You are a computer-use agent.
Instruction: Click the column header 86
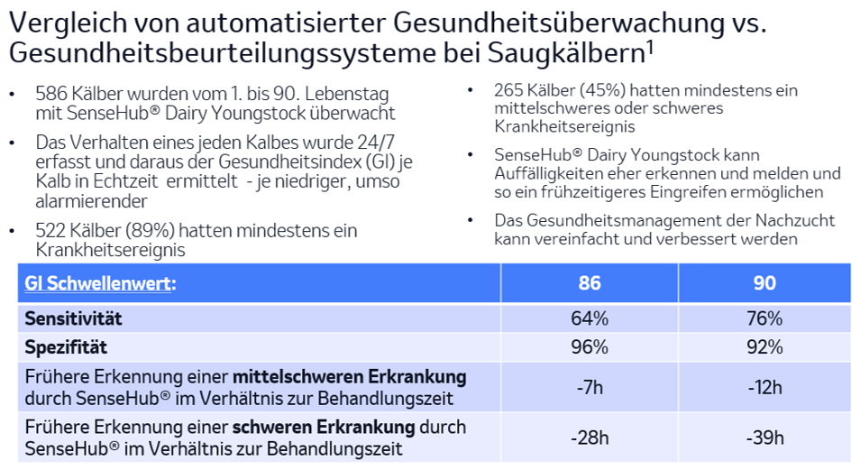590,283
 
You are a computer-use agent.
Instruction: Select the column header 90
764,283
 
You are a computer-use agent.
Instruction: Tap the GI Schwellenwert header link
100,283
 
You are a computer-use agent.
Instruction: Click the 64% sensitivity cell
590,318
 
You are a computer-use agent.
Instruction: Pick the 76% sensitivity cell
764,318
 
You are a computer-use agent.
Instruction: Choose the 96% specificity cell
590,346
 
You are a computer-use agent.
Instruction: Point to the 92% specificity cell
764,346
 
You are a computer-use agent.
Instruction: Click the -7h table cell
590,388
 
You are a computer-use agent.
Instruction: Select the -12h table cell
764,388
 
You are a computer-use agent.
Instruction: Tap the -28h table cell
590,438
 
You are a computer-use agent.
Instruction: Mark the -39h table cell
764,438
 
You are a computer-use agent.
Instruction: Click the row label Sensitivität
73,318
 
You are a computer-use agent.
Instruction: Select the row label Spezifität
66,346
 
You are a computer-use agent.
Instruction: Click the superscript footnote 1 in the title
649,46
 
